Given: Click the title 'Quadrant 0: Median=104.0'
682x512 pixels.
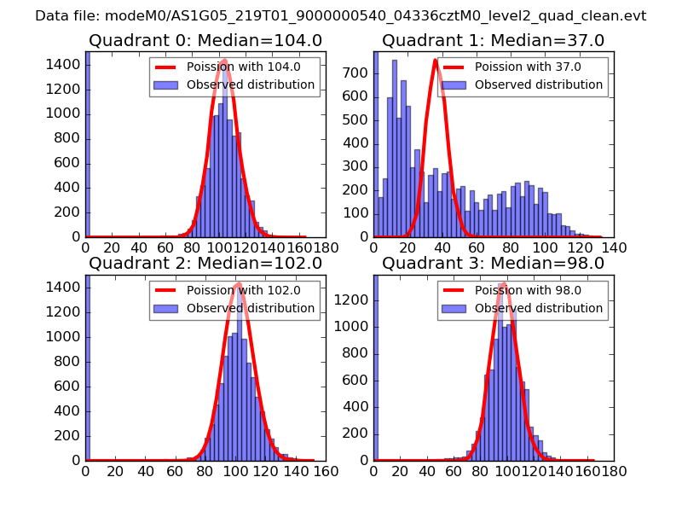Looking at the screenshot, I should (205, 41).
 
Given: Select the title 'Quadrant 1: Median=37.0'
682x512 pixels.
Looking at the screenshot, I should (493, 41).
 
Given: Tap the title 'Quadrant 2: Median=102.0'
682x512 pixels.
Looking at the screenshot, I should (205, 264).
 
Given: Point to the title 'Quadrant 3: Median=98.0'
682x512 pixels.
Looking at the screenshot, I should (493, 264).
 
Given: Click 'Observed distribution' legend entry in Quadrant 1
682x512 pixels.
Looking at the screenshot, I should (538, 85).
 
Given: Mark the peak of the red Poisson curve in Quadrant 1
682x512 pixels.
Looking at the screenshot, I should (436, 60).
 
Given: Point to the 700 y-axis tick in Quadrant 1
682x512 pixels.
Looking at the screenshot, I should (361, 74).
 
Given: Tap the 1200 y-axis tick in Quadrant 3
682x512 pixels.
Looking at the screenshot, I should (355, 300).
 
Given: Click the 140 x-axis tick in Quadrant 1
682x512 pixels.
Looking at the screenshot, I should (615, 247).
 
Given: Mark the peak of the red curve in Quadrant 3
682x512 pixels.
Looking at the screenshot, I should (504, 282).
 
